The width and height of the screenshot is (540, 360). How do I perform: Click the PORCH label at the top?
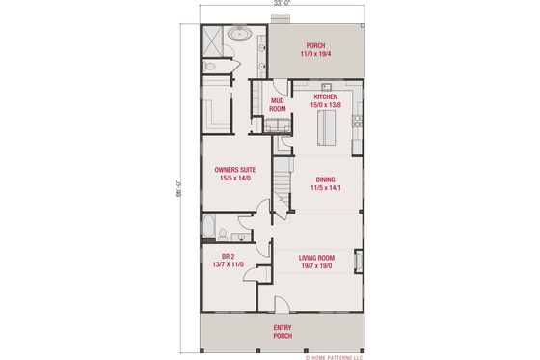(315, 45)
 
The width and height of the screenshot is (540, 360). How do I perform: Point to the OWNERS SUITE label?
(234, 169)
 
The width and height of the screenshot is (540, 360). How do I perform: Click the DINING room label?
(324, 180)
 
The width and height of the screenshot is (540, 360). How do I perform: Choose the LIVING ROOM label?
(316, 257)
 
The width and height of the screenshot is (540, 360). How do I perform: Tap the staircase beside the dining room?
(282, 180)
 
